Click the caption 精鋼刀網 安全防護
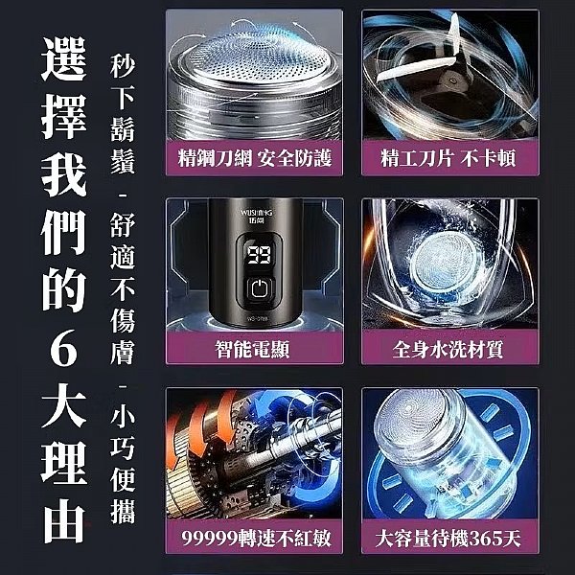(255, 158)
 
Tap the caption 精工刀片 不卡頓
(448, 158)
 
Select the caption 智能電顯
(252, 349)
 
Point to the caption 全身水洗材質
(448, 349)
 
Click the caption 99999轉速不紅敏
(256, 538)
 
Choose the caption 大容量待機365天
(448, 538)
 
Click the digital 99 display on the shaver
(259, 255)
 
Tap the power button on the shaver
(259, 289)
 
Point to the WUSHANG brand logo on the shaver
(256, 216)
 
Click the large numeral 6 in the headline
(63, 347)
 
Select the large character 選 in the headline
(64, 58)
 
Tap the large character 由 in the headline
(64, 520)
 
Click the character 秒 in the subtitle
(123, 66)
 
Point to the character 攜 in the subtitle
(123, 511)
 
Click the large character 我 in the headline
(64, 174)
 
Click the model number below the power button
(258, 318)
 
